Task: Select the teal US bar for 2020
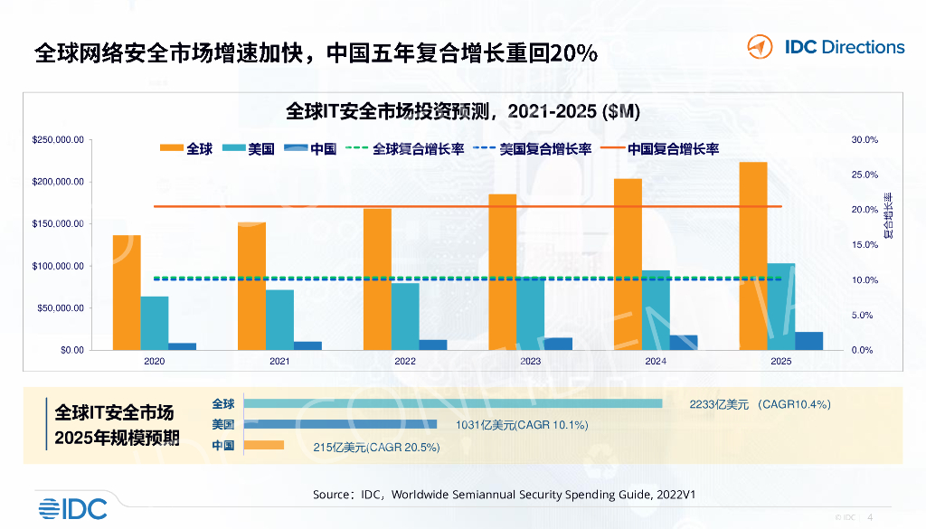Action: pos(155,323)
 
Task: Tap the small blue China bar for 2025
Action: pos(809,341)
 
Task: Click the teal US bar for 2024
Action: pos(656,309)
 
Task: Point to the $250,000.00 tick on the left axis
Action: pos(58,140)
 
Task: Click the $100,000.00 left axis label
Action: pos(58,266)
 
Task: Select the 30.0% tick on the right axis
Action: pos(865,140)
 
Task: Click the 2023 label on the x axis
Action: pos(530,362)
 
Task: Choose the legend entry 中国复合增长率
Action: pos(673,149)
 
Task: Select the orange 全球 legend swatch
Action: pos(171,149)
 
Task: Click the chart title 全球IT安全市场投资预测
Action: pos(462,112)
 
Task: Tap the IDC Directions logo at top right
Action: pos(826,47)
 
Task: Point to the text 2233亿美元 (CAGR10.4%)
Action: pos(760,404)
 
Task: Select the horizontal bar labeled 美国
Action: pos(340,424)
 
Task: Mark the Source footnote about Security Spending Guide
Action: pos(504,495)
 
